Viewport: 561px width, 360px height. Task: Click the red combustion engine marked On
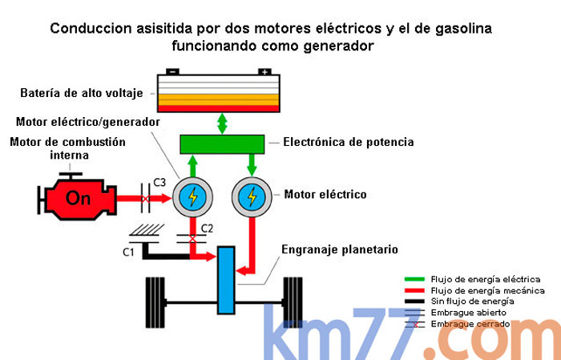click(77, 198)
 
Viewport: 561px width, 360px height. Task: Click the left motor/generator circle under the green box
click(192, 196)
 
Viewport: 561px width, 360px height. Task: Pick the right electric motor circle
click(252, 196)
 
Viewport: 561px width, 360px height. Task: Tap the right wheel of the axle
click(297, 301)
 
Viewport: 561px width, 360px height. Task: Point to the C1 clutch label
click(128, 253)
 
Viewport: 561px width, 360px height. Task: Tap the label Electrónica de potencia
click(348, 143)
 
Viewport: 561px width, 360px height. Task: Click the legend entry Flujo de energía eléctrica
click(486, 279)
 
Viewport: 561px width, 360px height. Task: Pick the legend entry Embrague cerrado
click(470, 323)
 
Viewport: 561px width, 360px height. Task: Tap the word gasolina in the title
click(460, 29)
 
